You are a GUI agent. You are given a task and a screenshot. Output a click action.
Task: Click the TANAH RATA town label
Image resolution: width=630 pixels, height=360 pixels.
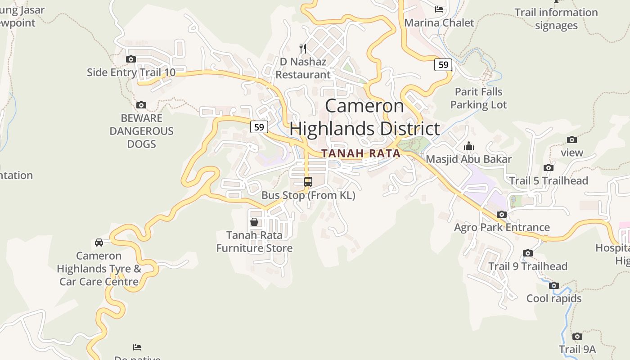[361, 153]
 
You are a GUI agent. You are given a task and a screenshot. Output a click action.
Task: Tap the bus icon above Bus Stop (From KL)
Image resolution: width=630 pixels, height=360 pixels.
[308, 182]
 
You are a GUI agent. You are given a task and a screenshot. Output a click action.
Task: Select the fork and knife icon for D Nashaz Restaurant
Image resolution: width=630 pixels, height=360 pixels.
[303, 48]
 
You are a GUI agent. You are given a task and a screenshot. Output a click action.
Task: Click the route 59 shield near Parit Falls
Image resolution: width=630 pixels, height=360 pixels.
[443, 64]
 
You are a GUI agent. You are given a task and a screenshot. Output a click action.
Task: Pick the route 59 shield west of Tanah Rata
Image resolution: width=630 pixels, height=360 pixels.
[259, 127]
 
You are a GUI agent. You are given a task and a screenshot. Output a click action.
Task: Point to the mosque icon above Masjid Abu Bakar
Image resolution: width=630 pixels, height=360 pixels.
[469, 146]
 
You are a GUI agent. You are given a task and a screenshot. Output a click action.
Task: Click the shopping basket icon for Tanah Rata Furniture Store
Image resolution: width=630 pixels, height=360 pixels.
[254, 222]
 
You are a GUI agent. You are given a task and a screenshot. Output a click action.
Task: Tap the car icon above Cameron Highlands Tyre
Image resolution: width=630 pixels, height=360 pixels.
[99, 243]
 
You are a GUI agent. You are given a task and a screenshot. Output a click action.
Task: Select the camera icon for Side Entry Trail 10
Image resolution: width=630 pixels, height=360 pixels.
[131, 59]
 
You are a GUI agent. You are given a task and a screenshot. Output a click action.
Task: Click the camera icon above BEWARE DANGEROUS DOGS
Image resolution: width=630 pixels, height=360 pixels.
[141, 105]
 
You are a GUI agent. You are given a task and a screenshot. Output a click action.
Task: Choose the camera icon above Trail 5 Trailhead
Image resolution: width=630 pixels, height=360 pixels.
[549, 167]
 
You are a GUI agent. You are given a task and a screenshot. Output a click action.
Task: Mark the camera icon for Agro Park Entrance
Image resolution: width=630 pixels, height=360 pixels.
[502, 214]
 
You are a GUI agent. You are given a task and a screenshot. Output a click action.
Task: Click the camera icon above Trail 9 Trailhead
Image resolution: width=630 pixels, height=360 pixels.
[528, 253]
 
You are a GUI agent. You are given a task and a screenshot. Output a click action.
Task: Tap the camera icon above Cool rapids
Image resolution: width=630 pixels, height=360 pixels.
[554, 285]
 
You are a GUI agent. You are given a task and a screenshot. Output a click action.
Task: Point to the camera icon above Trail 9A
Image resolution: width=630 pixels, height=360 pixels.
[577, 336]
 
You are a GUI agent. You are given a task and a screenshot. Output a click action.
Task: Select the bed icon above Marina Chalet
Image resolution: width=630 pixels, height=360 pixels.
[439, 9]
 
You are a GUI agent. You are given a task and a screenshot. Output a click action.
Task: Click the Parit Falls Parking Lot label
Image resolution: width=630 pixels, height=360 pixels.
[478, 98]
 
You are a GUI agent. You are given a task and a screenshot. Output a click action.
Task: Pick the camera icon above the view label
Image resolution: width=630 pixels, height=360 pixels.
[572, 139]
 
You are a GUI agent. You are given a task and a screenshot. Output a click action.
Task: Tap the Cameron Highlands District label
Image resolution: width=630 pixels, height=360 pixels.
[364, 117]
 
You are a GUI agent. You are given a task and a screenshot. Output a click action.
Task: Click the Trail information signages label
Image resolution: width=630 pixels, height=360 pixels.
[556, 19]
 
